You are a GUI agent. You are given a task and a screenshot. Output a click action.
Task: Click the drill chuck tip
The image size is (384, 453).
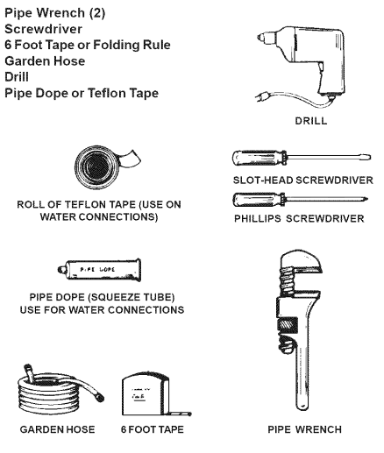260,38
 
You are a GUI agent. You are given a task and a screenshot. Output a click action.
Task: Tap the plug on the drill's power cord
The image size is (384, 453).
261,96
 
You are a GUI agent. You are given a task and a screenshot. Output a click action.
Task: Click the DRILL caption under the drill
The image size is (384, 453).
311,121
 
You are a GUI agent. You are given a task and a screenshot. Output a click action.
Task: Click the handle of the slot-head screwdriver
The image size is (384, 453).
260,159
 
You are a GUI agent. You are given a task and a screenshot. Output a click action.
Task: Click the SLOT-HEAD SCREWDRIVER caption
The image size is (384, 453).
302,180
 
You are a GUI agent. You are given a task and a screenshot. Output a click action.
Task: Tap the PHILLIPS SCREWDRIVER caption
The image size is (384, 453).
299,219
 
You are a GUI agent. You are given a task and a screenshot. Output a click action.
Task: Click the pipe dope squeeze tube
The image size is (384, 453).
99,270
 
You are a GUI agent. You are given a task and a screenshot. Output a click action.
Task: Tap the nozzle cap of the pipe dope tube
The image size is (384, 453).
61,270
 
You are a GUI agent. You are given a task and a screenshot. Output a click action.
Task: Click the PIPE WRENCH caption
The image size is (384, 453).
304,429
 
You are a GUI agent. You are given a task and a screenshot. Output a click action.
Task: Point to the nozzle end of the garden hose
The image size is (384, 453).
99,397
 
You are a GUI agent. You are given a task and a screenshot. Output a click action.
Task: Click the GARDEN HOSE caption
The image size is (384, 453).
57,429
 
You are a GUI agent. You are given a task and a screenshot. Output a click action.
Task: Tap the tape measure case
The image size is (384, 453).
146,393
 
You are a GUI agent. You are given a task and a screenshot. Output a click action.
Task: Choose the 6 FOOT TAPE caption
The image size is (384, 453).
153,429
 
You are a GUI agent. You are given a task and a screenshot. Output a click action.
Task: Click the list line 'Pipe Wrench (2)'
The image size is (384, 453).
54,13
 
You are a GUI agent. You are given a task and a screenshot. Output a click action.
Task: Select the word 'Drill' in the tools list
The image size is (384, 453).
17,77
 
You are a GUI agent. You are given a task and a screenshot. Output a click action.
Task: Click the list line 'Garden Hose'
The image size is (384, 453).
45,61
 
